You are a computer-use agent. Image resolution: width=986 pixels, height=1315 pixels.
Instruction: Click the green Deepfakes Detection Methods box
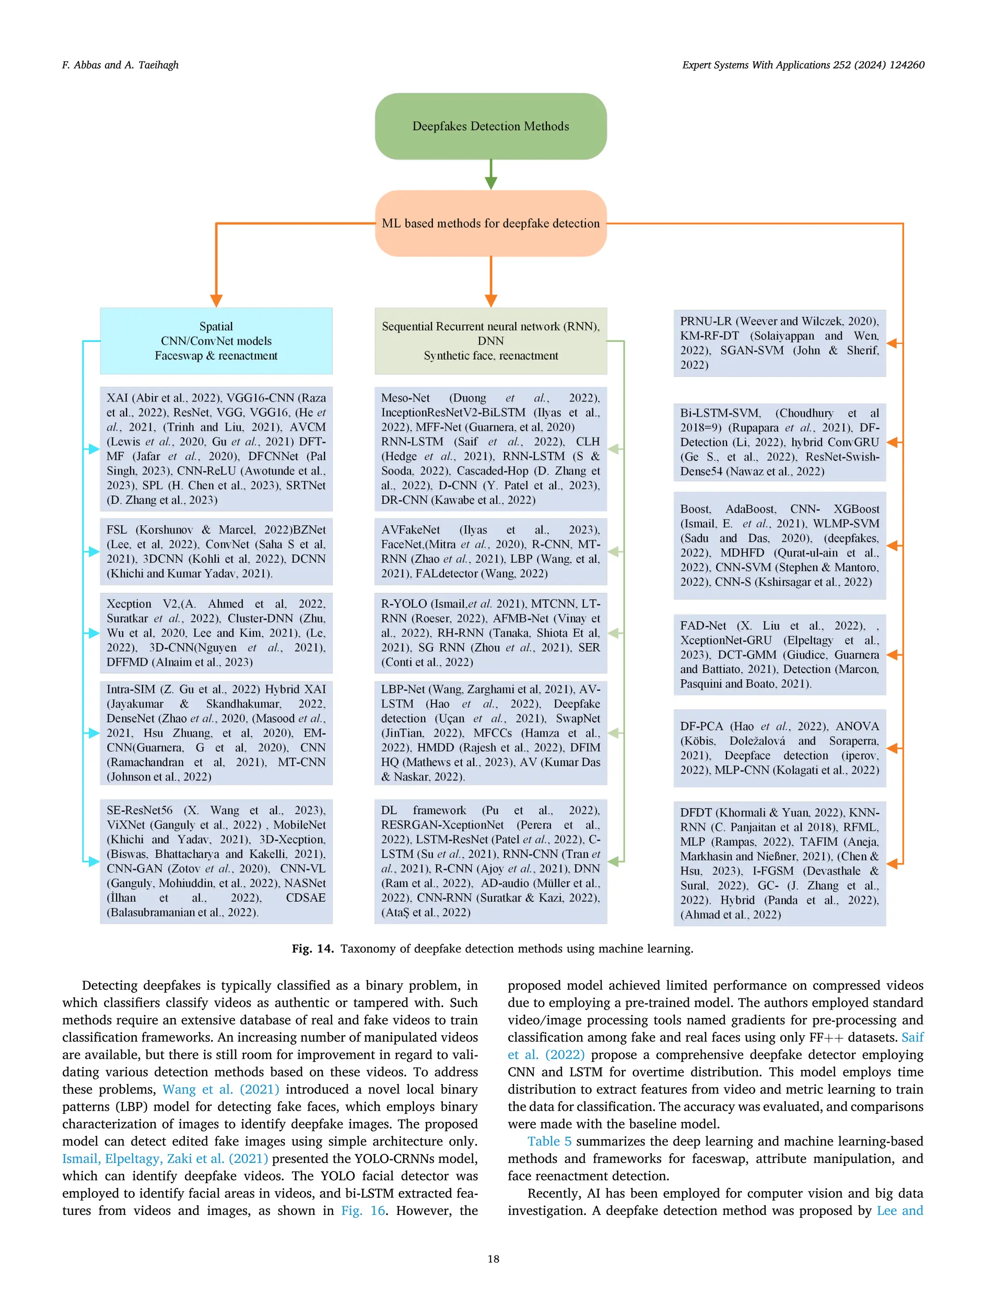point(490,126)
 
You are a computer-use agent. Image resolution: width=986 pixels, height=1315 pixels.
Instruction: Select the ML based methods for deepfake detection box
point(490,223)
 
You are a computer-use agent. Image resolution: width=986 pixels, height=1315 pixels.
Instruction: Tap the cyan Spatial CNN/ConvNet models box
point(216,340)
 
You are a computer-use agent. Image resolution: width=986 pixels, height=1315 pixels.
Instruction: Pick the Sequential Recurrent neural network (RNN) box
point(490,340)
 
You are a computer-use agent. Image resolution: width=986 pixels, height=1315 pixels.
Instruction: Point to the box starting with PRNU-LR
point(779,343)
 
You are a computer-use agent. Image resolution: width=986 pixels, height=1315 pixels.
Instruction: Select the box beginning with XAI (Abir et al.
point(216,449)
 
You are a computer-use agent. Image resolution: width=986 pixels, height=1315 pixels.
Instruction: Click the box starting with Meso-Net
point(490,449)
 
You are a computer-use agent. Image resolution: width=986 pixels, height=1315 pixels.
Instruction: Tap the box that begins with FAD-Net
point(779,654)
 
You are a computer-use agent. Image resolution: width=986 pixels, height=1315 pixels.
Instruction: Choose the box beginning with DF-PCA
point(779,748)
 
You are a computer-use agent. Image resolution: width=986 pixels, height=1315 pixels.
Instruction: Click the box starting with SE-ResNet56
point(216,861)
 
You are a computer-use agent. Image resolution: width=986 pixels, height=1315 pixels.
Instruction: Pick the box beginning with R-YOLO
point(490,633)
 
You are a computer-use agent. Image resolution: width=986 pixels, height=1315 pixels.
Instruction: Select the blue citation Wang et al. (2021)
point(221,1089)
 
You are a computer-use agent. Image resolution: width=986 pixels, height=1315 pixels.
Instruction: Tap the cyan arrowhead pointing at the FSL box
point(93,552)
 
